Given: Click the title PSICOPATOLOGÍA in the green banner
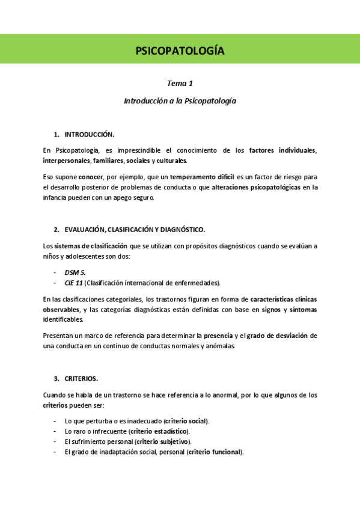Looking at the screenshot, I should [x=180, y=51].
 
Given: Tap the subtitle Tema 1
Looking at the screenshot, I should [x=180, y=84].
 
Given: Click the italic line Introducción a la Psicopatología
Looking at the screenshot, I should [x=180, y=101].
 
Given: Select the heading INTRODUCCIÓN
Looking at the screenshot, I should [x=90, y=134].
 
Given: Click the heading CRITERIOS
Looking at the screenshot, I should [x=81, y=378].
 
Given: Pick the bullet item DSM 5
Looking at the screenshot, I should [x=75, y=272].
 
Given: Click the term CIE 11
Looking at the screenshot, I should [x=73, y=283].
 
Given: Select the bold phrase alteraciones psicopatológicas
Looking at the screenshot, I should [x=255, y=187].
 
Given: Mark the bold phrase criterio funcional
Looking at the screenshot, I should [x=215, y=452].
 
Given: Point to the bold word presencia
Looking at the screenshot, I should [x=219, y=336].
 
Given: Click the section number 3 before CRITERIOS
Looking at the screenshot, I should [x=56, y=378].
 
